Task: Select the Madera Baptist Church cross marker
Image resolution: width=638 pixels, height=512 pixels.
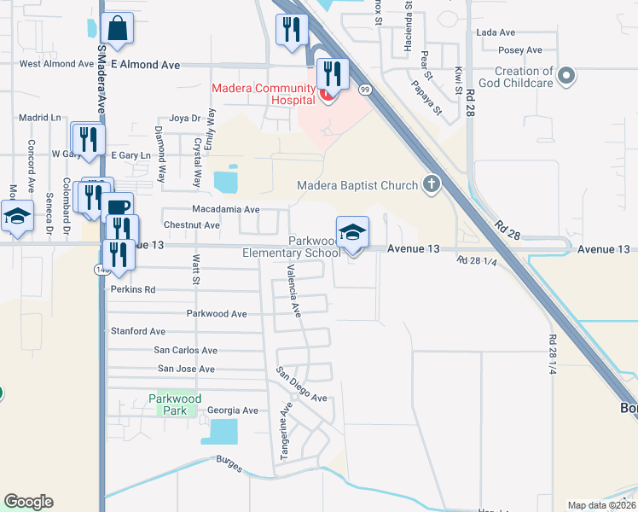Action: coord(432,184)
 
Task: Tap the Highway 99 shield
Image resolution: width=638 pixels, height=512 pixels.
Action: coord(365,89)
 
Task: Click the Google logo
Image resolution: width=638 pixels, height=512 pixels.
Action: coord(28,502)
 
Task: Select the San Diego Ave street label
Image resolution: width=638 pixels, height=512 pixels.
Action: coord(301,386)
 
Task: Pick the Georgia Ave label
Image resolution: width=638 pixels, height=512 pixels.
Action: coord(232,410)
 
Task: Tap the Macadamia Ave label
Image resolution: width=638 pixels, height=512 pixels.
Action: coord(226,209)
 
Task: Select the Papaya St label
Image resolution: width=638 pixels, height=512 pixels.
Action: coord(426,98)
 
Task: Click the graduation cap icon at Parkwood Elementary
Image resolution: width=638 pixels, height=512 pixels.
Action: coord(352,230)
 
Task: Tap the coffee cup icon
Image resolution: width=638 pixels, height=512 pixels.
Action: coord(119,207)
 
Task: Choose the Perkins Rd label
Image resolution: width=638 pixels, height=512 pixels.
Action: coord(133,289)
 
